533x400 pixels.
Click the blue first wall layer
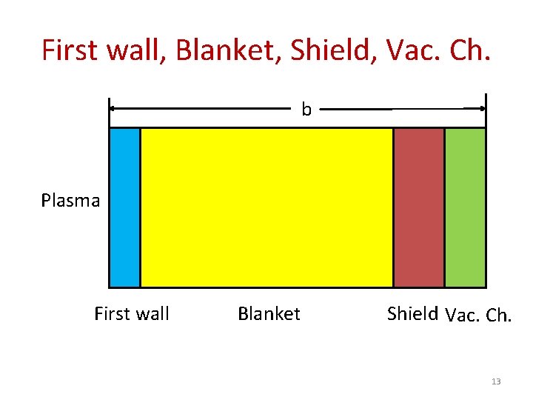coord(125,207)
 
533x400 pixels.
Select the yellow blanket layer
coord(266,207)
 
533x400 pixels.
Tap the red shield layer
coord(419,207)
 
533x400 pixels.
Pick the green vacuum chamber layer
coord(465,207)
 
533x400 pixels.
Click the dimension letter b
coord(306,110)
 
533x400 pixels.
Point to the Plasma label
coord(70,201)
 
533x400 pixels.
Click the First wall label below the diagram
coord(132,314)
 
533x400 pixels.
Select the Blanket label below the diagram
coord(269,314)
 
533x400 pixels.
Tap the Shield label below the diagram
coord(412,313)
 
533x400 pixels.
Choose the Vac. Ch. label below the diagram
coord(478,316)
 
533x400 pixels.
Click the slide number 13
coord(496,381)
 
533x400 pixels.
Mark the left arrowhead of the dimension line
coord(114,108)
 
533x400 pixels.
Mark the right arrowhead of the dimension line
coord(481,108)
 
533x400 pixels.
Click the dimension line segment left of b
coord(200,108)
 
